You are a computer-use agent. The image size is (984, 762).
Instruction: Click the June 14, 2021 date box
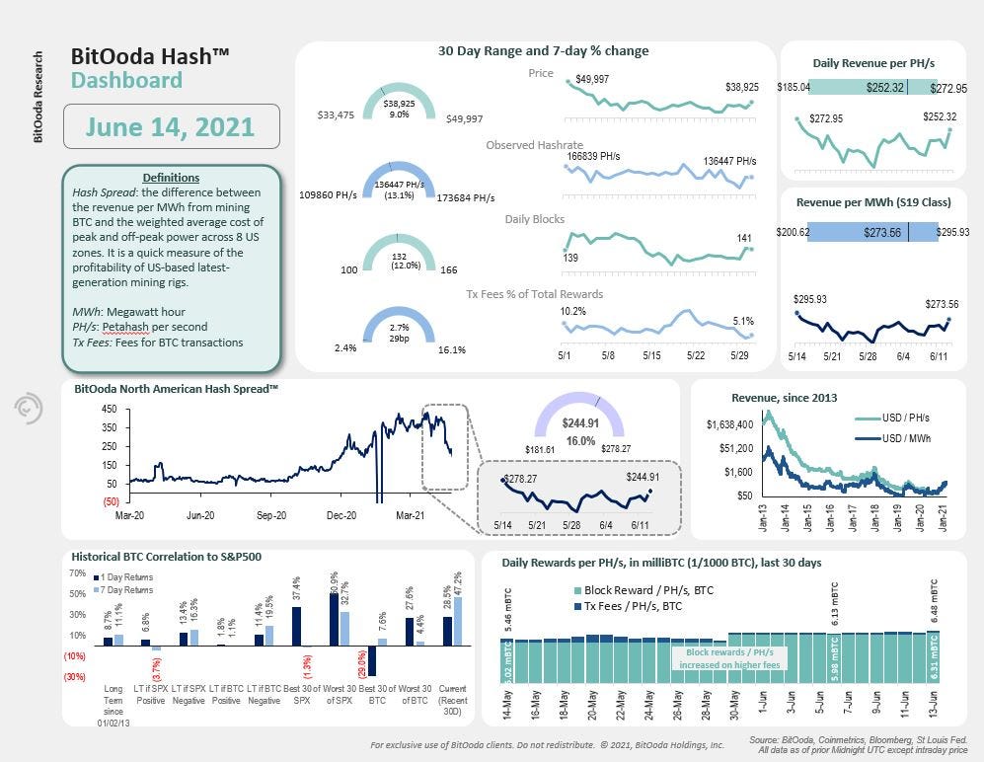(170, 126)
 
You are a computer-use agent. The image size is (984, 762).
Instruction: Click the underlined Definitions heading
(171, 178)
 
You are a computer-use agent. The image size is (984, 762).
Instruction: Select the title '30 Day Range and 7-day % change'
(543, 51)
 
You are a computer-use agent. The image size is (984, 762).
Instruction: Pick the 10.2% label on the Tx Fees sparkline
(573, 312)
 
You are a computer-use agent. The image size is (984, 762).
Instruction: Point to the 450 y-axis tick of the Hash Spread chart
(110, 410)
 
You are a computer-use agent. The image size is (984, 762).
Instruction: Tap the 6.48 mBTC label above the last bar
(934, 602)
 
